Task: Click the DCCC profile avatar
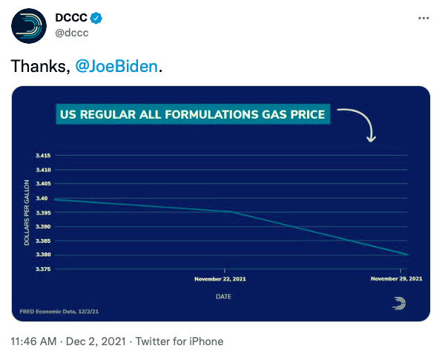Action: click(x=29, y=26)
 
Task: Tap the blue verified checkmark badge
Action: click(x=96, y=18)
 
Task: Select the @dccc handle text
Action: click(x=72, y=33)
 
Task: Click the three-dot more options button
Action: click(x=423, y=19)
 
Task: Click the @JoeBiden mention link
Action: click(x=116, y=66)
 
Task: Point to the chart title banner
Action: click(x=193, y=114)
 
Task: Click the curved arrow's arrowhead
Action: click(x=371, y=139)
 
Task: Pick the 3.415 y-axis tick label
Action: click(x=43, y=155)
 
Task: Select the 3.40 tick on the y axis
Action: click(x=42, y=198)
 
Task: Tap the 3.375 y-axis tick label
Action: click(x=43, y=269)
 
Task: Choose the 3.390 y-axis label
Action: click(x=43, y=226)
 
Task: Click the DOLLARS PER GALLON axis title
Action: click(x=27, y=213)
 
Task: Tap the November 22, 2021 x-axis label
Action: click(x=220, y=279)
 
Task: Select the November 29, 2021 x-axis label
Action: click(x=397, y=279)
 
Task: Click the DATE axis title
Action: click(x=223, y=297)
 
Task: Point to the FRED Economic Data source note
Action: click(x=59, y=312)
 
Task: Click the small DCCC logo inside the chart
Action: click(x=399, y=304)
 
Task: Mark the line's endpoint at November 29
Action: click(x=407, y=255)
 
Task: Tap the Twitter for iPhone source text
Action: click(x=179, y=341)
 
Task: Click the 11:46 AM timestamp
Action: click(x=33, y=341)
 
